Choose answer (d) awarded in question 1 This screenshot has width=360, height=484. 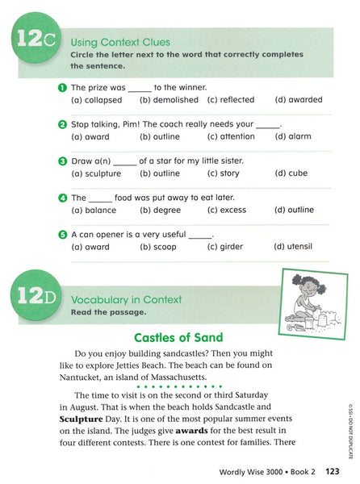point(298,100)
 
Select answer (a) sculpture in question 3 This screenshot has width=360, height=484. point(96,173)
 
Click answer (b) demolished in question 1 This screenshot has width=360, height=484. point(169,100)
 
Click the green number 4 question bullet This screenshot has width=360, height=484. point(62,198)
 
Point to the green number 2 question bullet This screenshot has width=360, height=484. point(62,124)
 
